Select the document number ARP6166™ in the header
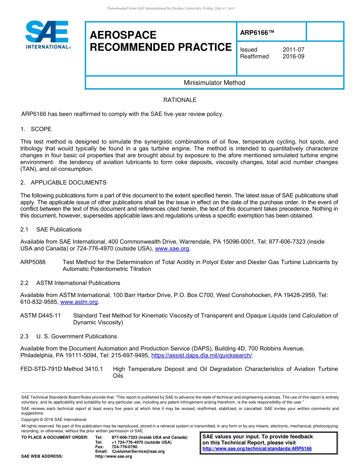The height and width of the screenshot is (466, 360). pyautogui.click(x=257, y=33)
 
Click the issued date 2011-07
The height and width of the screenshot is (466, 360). pyautogui.click(x=293, y=50)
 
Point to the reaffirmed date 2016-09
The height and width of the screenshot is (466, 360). pyautogui.click(x=293, y=56)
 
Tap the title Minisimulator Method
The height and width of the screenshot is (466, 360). pyautogui.click(x=214, y=83)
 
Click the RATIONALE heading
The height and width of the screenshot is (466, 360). pyautogui.click(x=180, y=100)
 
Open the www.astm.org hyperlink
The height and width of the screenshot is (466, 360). pyautogui.click(x=79, y=302)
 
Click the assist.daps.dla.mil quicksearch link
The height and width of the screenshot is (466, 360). pyautogui.click(x=202, y=355)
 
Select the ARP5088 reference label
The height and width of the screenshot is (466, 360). pyautogui.click(x=33, y=262)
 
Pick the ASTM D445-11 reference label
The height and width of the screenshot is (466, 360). pyautogui.click(x=41, y=316)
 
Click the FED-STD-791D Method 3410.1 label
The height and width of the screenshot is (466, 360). pyautogui.click(x=61, y=369)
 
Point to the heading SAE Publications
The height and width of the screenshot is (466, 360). pyautogui.click(x=59, y=230)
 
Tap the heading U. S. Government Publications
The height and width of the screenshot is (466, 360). pyautogui.click(x=76, y=336)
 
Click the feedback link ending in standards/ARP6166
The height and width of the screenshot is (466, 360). pyautogui.click(x=257, y=449)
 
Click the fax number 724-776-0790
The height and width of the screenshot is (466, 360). pyautogui.click(x=124, y=447)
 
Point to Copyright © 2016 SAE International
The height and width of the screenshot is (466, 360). pyautogui.click(x=54, y=419)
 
